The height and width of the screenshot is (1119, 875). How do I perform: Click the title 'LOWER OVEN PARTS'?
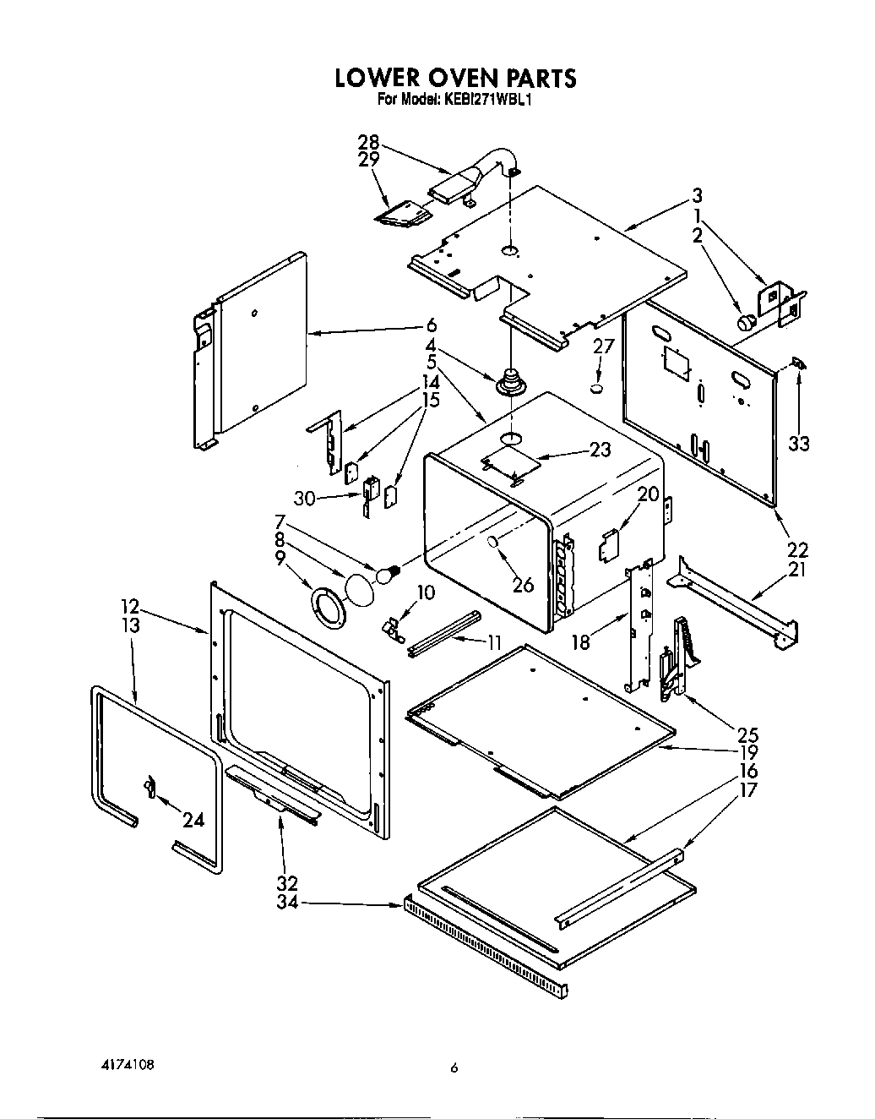455,78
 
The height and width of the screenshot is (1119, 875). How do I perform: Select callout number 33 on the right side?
798,443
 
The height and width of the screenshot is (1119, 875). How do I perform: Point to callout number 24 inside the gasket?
193,819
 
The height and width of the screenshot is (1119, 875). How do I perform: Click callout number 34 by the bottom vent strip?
286,903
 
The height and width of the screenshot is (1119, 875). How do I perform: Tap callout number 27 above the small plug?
602,346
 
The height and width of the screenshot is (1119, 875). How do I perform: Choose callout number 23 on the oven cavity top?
600,450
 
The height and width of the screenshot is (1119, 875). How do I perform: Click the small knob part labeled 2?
747,321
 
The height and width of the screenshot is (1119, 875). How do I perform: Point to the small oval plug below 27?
597,389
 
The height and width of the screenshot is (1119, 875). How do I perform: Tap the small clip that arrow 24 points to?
149,787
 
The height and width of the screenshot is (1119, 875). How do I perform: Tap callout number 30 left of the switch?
304,499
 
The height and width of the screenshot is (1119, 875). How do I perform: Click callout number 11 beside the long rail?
493,641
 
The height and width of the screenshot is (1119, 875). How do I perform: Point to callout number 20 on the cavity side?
648,494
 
